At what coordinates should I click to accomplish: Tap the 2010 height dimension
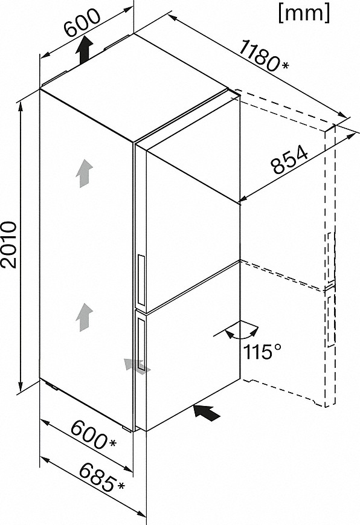[9, 245]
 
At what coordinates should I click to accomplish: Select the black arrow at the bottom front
[207, 412]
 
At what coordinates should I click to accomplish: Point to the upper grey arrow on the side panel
[84, 173]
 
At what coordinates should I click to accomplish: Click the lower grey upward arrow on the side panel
[84, 317]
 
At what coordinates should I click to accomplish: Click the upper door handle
[141, 280]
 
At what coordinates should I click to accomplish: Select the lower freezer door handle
[141, 346]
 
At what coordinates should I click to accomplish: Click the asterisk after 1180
[284, 65]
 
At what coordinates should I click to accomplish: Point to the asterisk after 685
[120, 485]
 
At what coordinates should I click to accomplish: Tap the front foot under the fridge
[127, 428]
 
